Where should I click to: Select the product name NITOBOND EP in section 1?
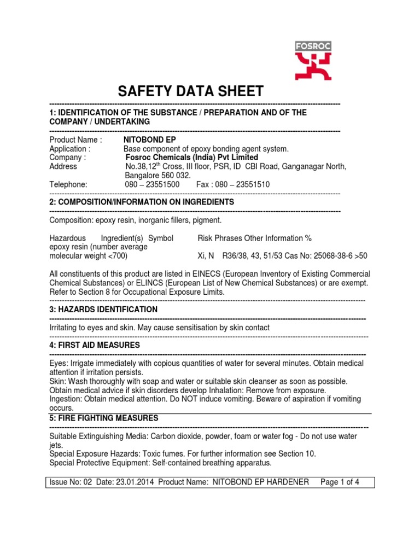[145, 139]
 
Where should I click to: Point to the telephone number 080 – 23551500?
[152, 184]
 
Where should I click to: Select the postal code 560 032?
[176, 176]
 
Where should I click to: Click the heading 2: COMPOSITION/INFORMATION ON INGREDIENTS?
[142, 202]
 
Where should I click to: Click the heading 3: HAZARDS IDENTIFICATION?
[103, 310]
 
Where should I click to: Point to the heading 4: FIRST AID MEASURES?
[95, 345]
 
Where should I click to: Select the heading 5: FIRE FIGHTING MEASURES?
[104, 418]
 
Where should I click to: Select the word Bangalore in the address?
[142, 176]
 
